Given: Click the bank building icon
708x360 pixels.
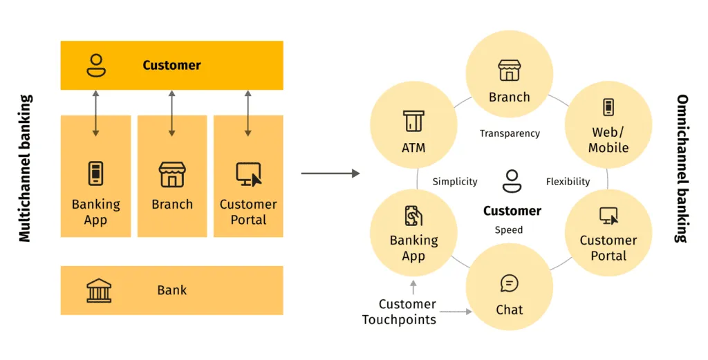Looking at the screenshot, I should click(x=98, y=290).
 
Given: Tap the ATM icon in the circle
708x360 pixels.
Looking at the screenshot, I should click(x=413, y=121).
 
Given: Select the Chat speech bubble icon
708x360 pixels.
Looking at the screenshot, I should click(x=510, y=283).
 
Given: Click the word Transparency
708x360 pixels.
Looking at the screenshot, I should click(x=510, y=133).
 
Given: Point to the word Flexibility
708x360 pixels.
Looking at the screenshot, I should click(x=568, y=182).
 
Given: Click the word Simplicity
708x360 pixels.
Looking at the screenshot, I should click(x=455, y=182).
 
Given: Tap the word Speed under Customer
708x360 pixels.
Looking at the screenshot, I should click(x=509, y=230).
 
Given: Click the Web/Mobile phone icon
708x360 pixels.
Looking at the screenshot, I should click(x=608, y=108).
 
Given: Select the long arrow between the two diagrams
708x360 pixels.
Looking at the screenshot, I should click(x=330, y=173).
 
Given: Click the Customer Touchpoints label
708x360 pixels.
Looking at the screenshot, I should click(x=400, y=312).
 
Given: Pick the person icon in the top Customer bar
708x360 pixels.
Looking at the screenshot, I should click(x=96, y=65).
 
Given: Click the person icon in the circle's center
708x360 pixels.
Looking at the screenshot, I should click(x=512, y=181).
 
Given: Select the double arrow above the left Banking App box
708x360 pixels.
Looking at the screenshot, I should click(x=96, y=113).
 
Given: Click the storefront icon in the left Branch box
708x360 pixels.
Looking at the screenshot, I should click(x=171, y=175).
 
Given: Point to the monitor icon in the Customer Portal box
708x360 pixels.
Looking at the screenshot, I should click(x=248, y=175).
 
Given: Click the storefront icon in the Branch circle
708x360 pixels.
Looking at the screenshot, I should click(x=510, y=70).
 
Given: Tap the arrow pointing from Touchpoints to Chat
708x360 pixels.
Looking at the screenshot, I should click(x=456, y=312).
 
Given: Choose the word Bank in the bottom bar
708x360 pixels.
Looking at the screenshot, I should click(x=171, y=290).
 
